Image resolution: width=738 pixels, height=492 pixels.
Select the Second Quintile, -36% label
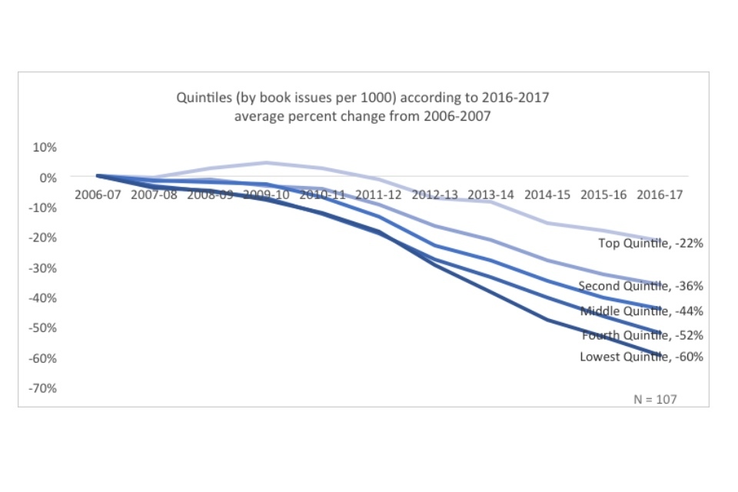641,286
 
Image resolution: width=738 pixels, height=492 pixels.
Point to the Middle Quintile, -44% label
642,311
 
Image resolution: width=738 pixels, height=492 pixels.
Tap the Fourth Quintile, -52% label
643,335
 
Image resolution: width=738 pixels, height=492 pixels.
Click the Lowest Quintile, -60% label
641,356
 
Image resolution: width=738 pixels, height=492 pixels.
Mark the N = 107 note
655,399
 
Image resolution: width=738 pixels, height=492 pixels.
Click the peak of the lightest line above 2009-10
266,162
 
